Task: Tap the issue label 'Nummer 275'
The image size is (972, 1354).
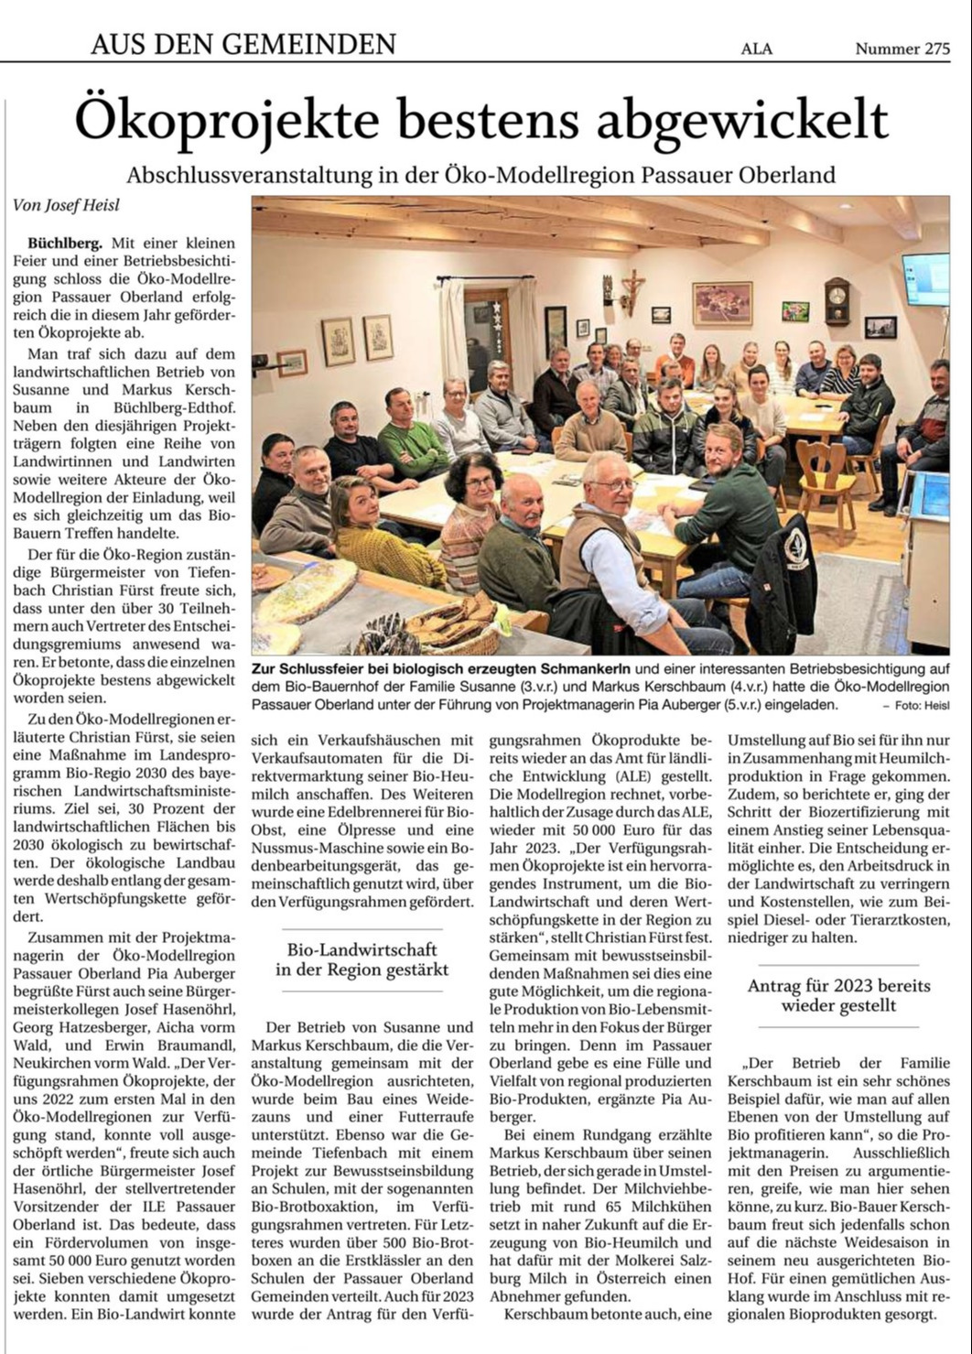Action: pos(902,49)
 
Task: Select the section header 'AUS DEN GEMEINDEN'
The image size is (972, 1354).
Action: pos(243,43)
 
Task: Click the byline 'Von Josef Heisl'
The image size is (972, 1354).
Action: pos(66,205)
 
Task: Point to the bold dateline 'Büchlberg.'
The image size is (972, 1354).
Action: pos(66,244)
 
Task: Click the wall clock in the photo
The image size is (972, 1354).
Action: pos(837,301)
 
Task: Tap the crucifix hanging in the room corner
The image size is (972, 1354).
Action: pos(631,288)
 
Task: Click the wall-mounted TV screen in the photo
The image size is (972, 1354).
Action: pos(925,278)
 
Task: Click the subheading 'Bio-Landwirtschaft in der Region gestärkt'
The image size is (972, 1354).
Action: pos(362,959)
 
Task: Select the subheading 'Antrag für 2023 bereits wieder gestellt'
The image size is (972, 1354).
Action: pos(838,995)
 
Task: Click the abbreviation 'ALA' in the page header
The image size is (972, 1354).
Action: pos(756,49)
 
